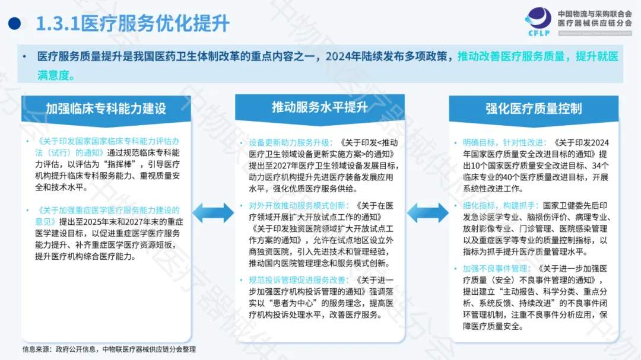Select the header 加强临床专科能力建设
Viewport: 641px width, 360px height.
tap(106, 109)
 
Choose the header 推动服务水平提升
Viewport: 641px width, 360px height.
tap(320, 107)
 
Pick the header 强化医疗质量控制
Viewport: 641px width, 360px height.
tap(534, 109)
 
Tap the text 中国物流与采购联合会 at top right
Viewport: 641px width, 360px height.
tap(595, 12)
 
